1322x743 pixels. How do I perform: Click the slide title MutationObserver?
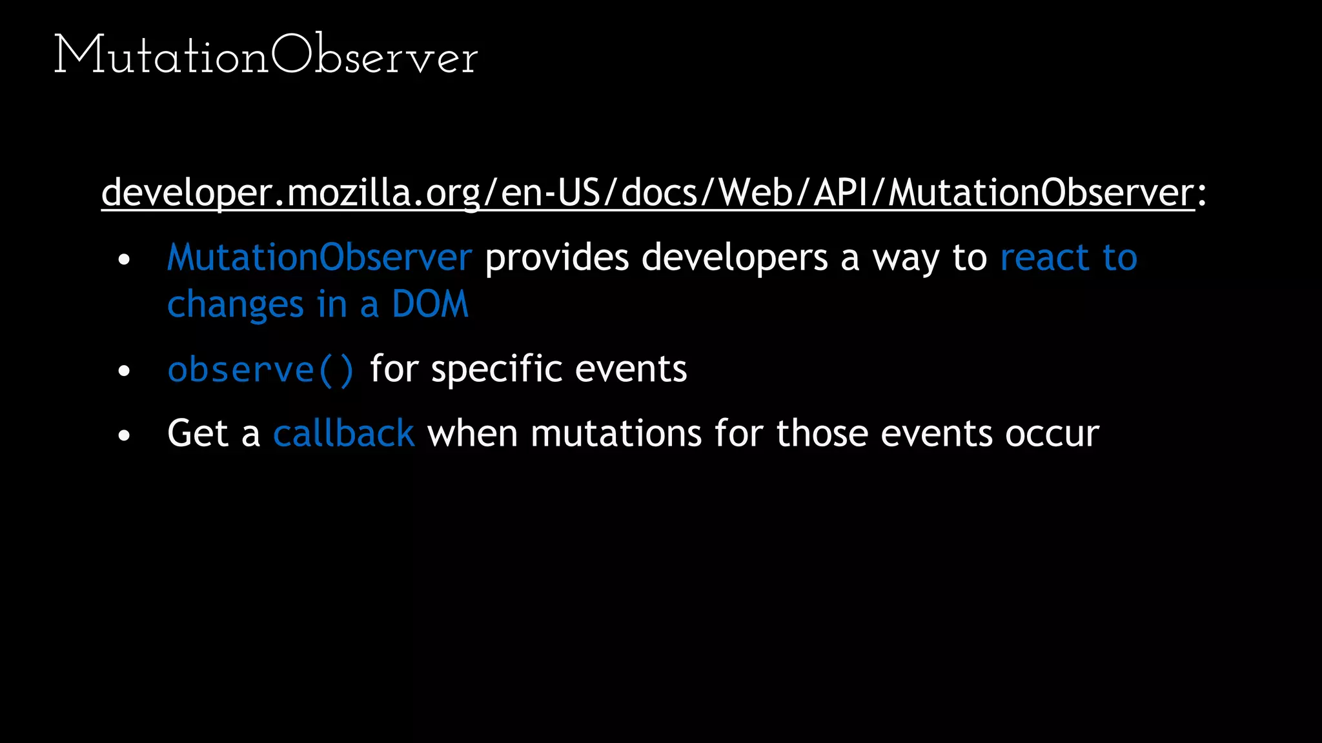tap(265, 55)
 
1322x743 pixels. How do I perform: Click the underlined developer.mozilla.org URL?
tap(647, 192)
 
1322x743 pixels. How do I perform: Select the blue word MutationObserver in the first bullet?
tap(320, 257)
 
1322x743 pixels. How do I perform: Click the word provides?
tap(556, 257)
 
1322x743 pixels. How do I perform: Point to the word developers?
tap(735, 257)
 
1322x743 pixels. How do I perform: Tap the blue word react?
tap(1044, 257)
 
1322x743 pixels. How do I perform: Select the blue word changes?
tap(235, 304)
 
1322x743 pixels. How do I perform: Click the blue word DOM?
tap(430, 304)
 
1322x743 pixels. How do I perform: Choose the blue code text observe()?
tap(261, 370)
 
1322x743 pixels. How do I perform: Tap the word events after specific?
tap(631, 370)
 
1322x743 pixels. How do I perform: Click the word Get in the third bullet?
tap(198, 433)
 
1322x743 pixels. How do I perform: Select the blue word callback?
tap(343, 433)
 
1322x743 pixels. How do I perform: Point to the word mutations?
tap(616, 433)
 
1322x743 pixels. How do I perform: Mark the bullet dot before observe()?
tap(125, 371)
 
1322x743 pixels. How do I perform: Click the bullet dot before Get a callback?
tap(125, 435)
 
